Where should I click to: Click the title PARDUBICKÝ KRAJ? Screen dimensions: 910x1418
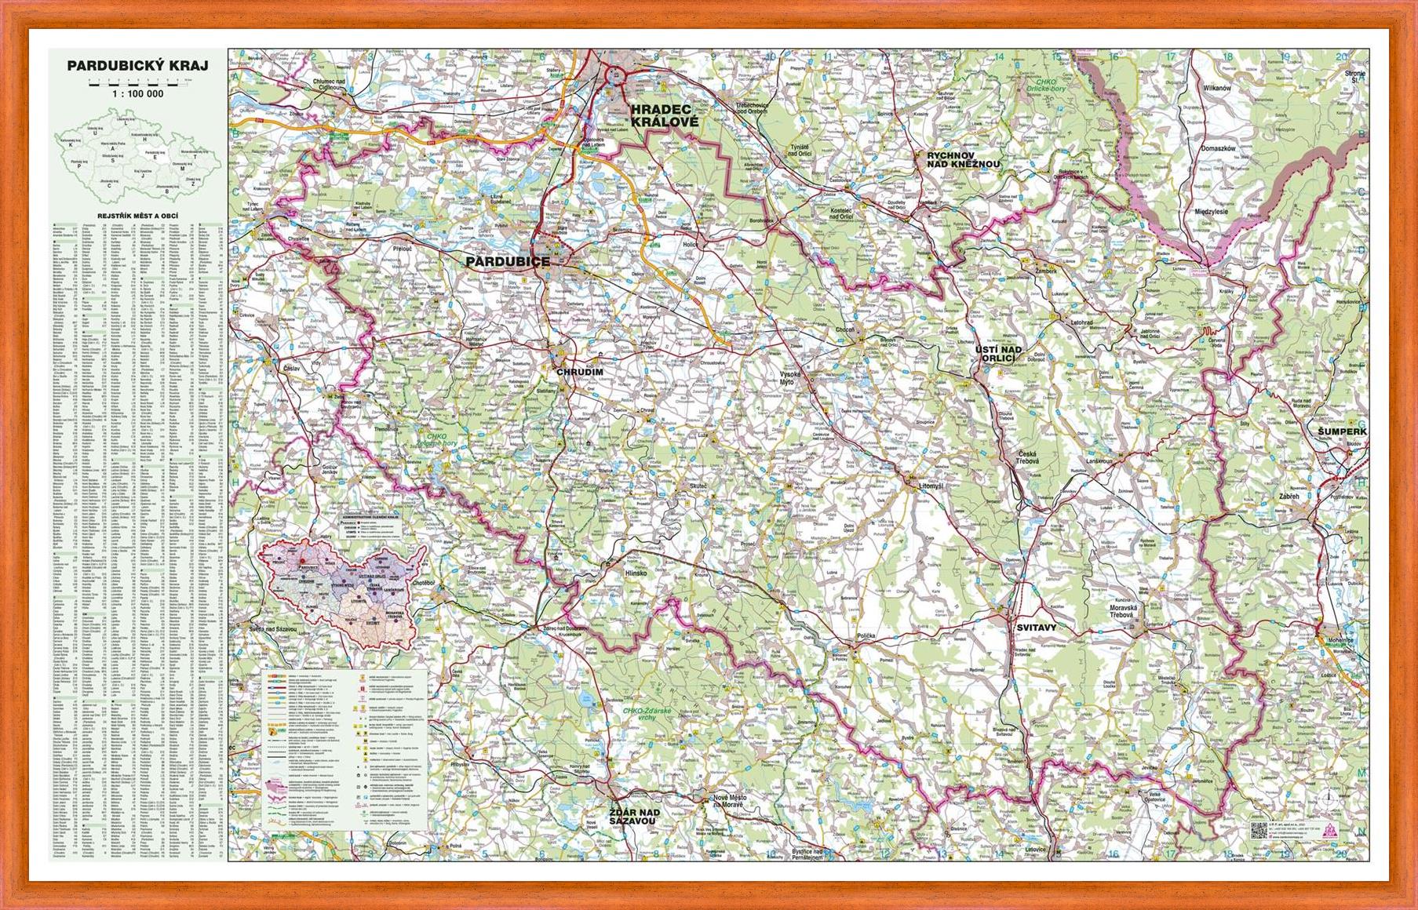click(137, 66)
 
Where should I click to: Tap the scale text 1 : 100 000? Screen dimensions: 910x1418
click(137, 93)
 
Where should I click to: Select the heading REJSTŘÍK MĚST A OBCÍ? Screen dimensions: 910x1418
click(137, 213)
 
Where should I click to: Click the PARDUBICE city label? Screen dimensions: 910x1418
click(508, 262)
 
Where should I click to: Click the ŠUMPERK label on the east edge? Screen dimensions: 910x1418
click(1342, 431)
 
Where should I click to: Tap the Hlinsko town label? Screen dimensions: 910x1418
click(635, 573)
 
